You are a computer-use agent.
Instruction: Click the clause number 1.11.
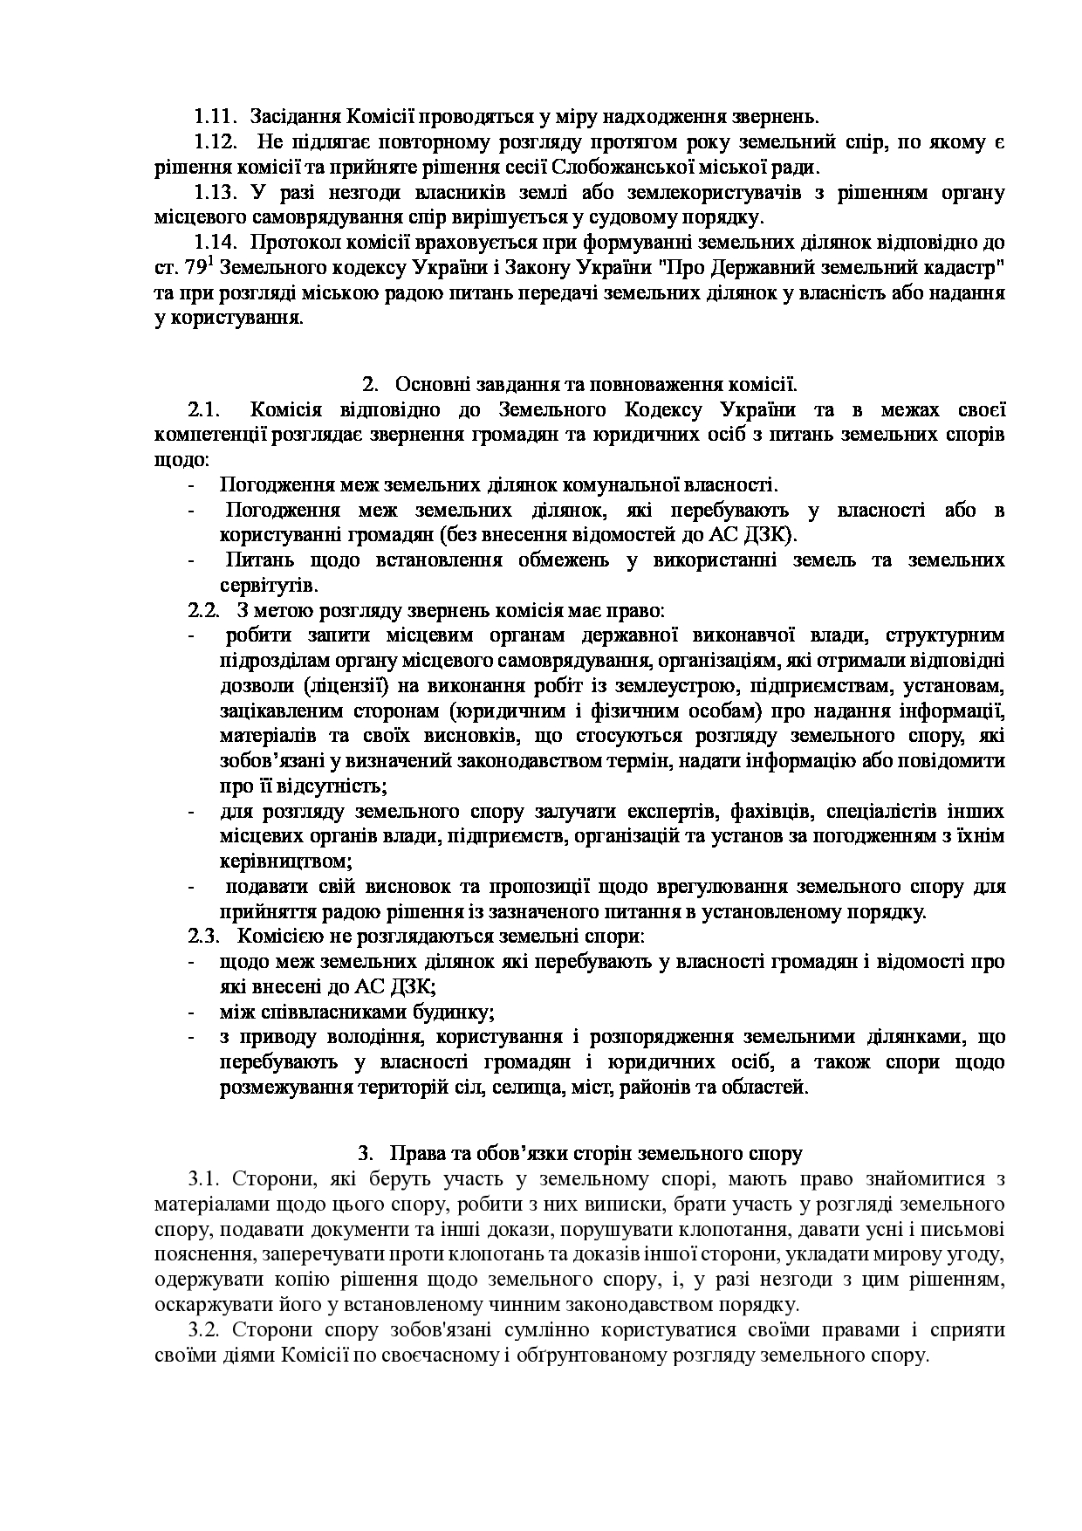coord(216,116)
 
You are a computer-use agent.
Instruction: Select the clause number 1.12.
coord(216,141)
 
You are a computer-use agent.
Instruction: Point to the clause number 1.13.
coord(216,192)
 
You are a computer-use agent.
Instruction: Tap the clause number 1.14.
coord(216,242)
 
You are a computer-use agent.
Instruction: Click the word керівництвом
coord(285,862)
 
